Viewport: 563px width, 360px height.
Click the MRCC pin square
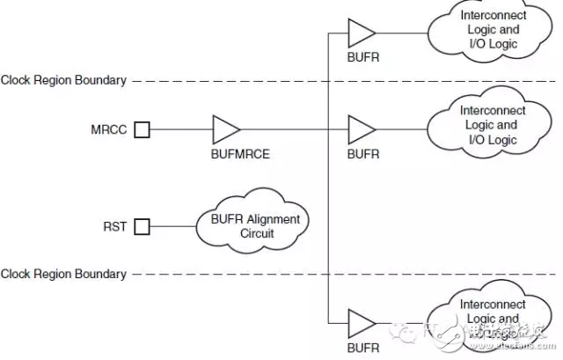point(142,130)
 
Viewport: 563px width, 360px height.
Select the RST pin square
point(142,227)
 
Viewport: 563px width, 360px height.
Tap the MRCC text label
point(109,130)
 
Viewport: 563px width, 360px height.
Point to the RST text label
point(114,227)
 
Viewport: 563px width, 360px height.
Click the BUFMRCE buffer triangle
point(225,130)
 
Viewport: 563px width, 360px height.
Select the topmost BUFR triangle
point(362,33)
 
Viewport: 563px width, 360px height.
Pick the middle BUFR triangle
point(362,130)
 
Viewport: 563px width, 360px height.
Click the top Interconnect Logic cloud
point(491,30)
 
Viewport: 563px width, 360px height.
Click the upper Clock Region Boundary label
point(63,80)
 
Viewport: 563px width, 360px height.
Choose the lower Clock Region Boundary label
point(63,274)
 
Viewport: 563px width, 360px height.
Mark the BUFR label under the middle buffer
point(363,153)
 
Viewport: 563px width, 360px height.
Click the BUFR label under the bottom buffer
point(363,348)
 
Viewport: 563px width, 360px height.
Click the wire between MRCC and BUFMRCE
point(180,130)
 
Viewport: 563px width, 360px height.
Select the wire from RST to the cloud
point(173,227)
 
